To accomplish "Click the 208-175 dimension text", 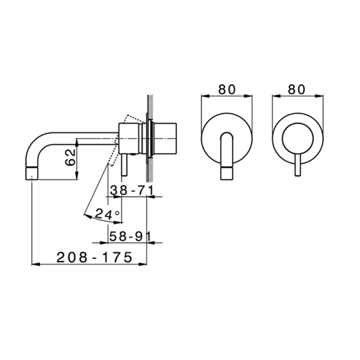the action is tap(94, 257).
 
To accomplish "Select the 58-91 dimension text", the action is tap(130, 236).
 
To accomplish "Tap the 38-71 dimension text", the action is tap(132, 190).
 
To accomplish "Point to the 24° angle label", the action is tap(107, 214).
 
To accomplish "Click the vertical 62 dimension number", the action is tap(70, 157).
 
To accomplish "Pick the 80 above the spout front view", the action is tap(227, 89).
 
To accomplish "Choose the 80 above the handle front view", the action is tap(297, 89).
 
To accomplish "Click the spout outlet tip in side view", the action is tap(32, 174).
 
